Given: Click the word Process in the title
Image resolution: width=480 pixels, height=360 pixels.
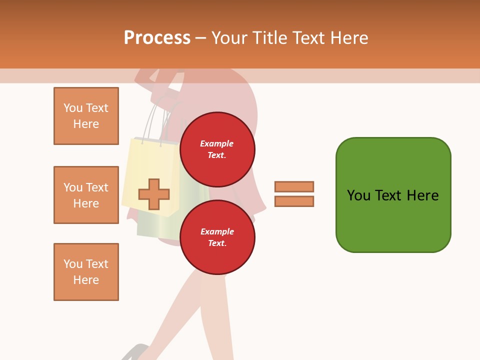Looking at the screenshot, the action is [x=157, y=38].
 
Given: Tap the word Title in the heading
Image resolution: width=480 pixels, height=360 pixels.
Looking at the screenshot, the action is [x=269, y=38].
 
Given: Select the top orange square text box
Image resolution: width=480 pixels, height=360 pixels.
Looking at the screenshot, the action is [x=86, y=116].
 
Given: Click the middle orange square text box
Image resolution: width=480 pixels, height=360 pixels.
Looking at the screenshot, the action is [x=86, y=195].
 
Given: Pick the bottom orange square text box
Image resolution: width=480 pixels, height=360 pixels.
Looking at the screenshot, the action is [x=86, y=272].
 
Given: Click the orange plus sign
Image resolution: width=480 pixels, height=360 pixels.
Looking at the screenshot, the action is [x=154, y=194].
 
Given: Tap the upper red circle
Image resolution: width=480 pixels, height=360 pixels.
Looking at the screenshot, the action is [x=217, y=149].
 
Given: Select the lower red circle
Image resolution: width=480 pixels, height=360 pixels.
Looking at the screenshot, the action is [x=217, y=237].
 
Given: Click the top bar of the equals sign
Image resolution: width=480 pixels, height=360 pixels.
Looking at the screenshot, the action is [x=294, y=186].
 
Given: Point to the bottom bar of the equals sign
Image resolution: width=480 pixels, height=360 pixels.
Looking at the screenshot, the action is [x=294, y=201].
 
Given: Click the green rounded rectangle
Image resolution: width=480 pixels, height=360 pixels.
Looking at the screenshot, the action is [x=393, y=195].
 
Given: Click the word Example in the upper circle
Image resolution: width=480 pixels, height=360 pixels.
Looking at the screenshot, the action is [x=216, y=143].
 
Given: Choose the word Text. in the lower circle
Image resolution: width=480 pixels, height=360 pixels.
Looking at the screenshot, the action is [x=217, y=243].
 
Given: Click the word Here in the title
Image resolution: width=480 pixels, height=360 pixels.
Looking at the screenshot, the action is [x=349, y=38].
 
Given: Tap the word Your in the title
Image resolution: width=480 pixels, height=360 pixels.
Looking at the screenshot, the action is [x=229, y=38].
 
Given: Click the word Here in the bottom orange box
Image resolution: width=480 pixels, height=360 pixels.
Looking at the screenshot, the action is [x=86, y=280].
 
